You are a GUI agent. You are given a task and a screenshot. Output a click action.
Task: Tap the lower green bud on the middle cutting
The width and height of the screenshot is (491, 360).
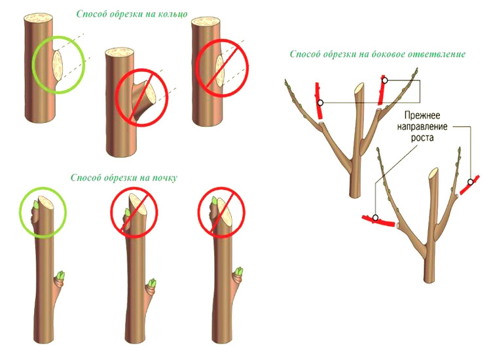click(152, 284)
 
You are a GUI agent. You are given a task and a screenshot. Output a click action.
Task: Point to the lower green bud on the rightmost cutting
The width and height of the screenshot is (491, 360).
click(239, 274)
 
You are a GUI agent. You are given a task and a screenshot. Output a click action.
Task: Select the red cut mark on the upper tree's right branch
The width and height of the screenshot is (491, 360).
click(383, 90)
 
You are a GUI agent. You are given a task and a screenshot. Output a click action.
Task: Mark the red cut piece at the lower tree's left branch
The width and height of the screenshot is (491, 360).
click(376, 220)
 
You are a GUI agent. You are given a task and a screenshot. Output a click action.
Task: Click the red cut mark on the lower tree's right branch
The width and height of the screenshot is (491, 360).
click(468, 185)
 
